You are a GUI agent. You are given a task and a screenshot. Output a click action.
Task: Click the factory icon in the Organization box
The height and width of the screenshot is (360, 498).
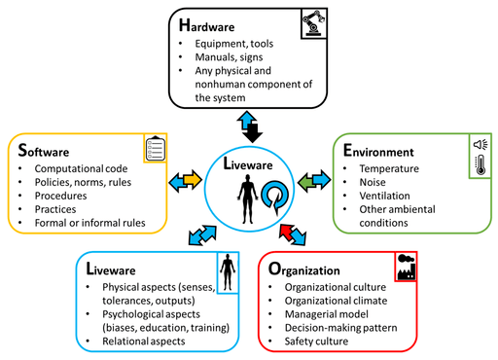point(407,266)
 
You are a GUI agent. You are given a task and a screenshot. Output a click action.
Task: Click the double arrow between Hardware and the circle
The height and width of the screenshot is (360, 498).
point(250,123)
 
